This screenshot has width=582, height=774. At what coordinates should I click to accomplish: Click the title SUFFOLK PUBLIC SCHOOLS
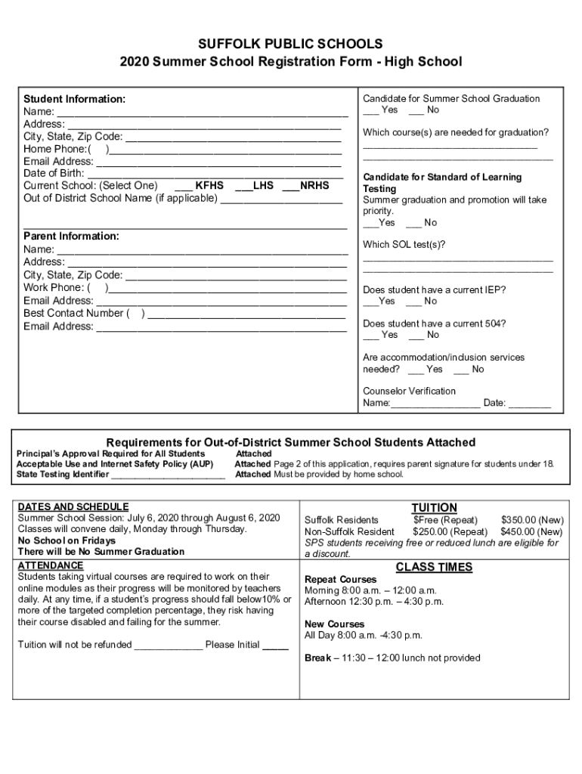coord(290,44)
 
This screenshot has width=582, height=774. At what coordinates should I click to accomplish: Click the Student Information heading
coord(74,99)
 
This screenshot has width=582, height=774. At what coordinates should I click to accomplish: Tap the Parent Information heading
coord(71,236)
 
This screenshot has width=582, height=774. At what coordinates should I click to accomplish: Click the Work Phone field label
coord(57,287)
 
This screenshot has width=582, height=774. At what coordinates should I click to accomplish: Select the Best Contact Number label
coord(74,313)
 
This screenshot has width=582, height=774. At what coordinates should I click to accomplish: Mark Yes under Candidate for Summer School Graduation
coord(381,110)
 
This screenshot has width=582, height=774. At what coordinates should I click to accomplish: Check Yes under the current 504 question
coord(381,335)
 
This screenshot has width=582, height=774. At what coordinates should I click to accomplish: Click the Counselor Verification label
coord(409,391)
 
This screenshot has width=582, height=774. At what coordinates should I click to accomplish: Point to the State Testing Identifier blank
coord(168,475)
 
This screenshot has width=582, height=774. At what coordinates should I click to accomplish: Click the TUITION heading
coord(434,507)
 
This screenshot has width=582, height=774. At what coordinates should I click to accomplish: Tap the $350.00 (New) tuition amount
coord(531,520)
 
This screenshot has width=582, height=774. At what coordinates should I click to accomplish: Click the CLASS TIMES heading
coord(434,567)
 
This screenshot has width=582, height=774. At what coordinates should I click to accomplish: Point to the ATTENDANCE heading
coord(51,565)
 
